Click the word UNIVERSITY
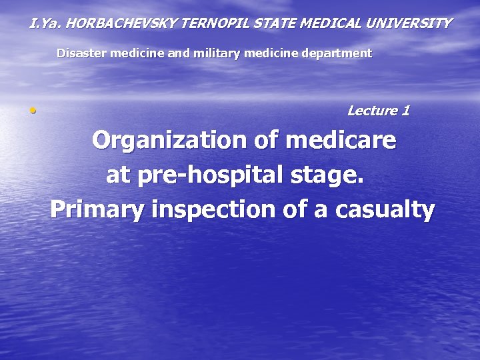411,23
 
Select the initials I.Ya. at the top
45,23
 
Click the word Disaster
79,53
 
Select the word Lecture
372,111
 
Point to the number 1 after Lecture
405,111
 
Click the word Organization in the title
169,141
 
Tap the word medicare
341,141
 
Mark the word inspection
217,210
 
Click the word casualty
385,210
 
